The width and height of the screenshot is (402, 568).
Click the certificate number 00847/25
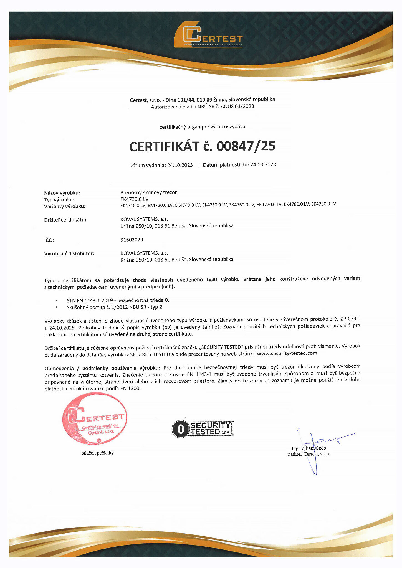[x=246, y=146]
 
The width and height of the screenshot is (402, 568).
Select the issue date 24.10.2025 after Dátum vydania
[x=180, y=165]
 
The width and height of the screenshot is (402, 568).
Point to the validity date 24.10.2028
[x=263, y=164]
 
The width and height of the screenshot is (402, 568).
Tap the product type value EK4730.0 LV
[x=135, y=199]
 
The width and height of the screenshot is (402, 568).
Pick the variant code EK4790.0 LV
[x=323, y=204]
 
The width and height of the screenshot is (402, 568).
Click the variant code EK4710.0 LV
[x=133, y=206]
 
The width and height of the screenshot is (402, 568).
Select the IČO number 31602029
[x=132, y=240]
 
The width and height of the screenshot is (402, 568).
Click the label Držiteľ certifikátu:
[x=65, y=220]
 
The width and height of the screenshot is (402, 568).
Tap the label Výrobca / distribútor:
[x=69, y=253]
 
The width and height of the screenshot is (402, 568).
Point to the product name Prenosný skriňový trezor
[x=148, y=192]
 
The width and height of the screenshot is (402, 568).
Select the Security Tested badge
[x=203, y=429]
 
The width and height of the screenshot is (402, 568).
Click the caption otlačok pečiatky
[x=97, y=453]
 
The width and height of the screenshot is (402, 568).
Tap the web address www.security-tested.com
[x=287, y=353]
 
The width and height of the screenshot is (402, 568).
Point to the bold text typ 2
[x=156, y=307]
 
